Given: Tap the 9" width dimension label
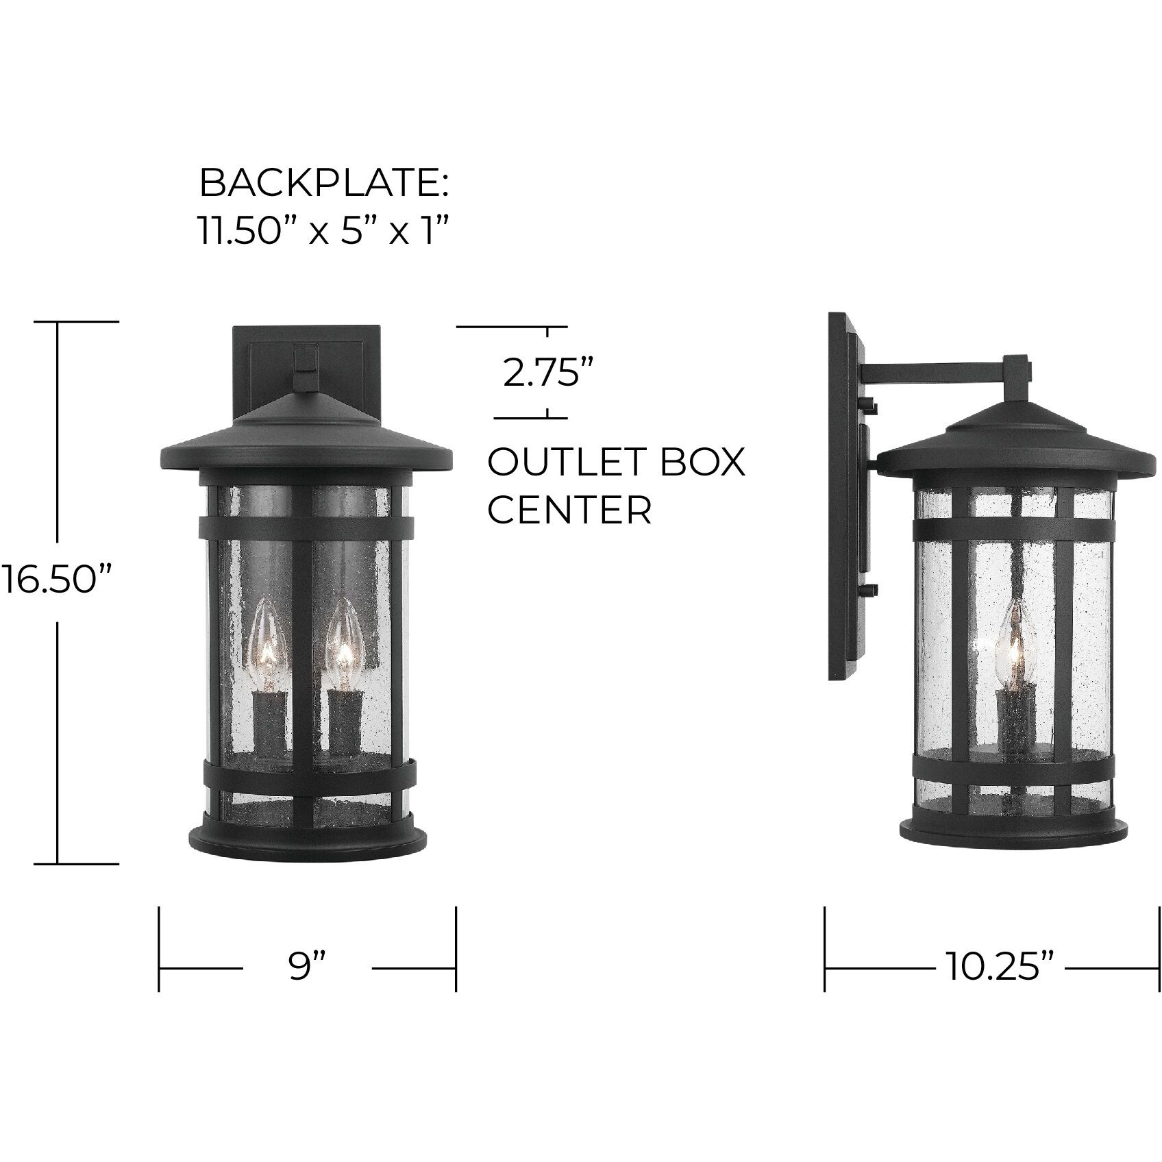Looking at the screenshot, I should (x=306, y=968).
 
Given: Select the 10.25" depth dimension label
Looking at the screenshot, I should (x=1000, y=968).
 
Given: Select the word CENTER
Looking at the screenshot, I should (x=569, y=510).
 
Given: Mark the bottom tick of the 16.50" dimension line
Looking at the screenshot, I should (x=75, y=864).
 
